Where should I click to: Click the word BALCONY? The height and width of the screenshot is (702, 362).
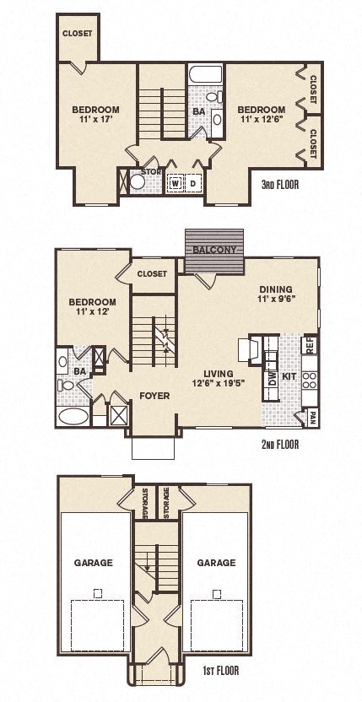point(214,250)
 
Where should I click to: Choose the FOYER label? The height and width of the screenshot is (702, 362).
point(154,395)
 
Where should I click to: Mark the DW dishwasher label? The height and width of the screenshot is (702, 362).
point(272,381)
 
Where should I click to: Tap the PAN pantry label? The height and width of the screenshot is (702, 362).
point(313,415)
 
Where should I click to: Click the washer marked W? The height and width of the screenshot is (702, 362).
point(176,182)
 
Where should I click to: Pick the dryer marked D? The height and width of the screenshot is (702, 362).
point(192,182)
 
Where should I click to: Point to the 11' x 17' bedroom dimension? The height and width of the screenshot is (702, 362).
point(95,120)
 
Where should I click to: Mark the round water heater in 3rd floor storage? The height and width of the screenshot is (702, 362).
point(135,181)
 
